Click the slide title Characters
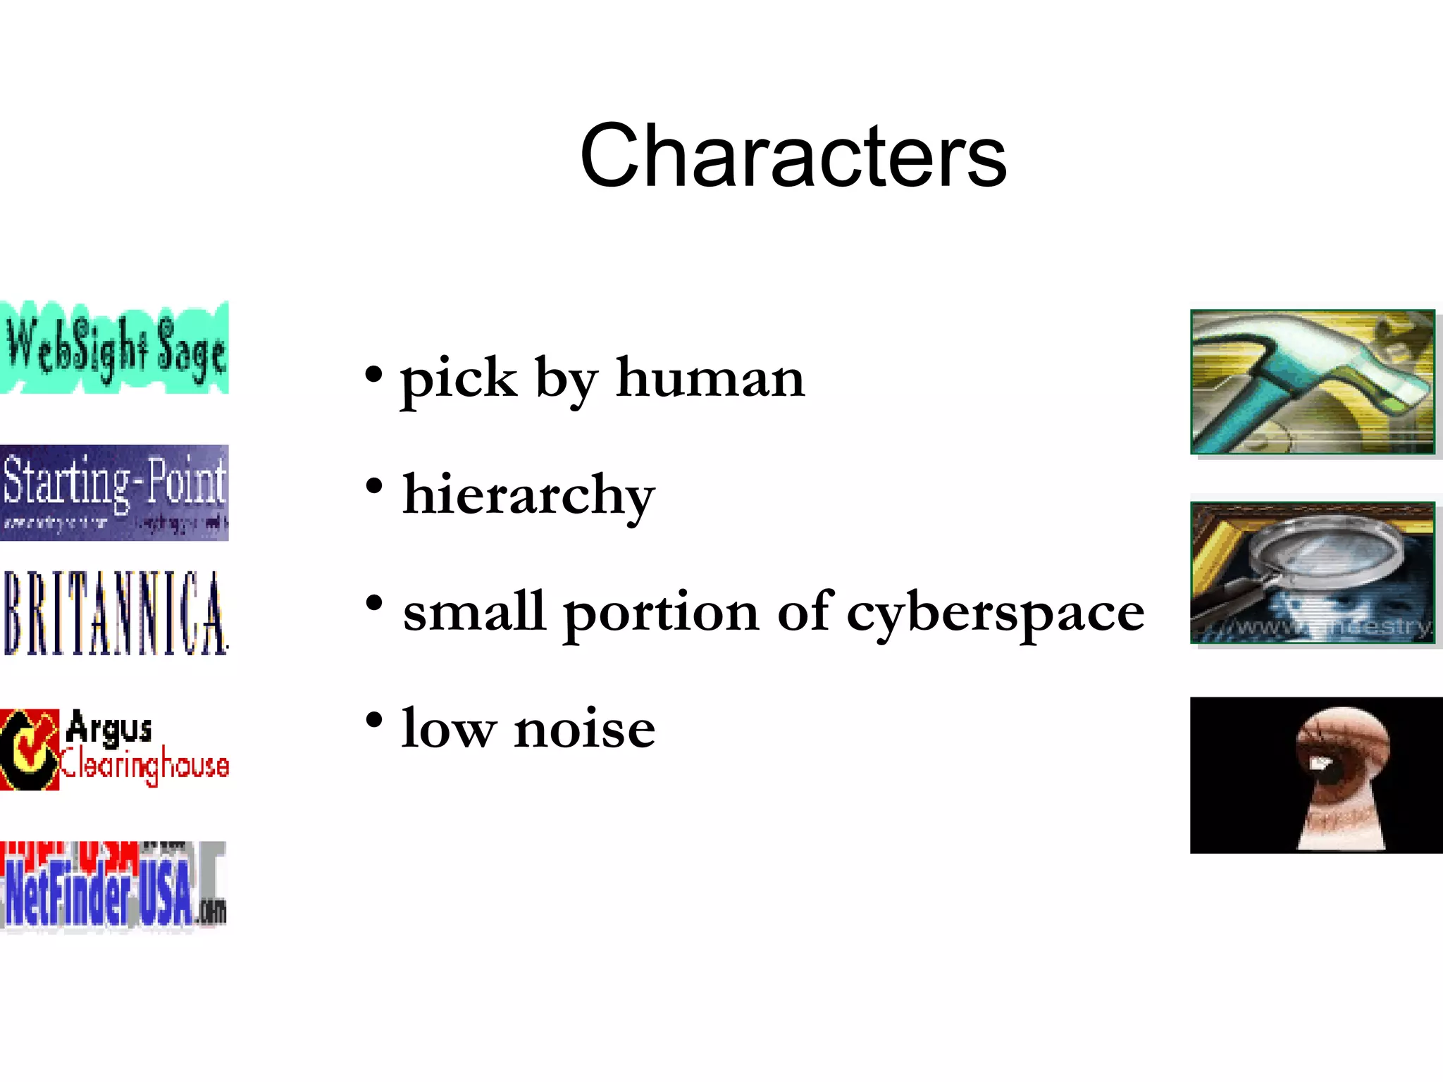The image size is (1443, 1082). [793, 156]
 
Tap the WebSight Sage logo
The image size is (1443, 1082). [114, 347]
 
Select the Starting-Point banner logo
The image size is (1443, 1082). [114, 492]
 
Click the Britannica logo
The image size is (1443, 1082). [114, 613]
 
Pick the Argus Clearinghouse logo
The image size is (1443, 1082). [114, 749]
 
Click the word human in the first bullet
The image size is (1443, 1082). [710, 378]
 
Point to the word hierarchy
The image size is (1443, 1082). [528, 496]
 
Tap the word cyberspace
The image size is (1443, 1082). [995, 613]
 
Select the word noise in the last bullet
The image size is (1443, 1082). [584, 729]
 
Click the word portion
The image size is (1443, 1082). [661, 613]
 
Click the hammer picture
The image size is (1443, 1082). [1312, 382]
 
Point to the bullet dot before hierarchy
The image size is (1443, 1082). [374, 485]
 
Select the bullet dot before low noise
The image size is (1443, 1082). [374, 719]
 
